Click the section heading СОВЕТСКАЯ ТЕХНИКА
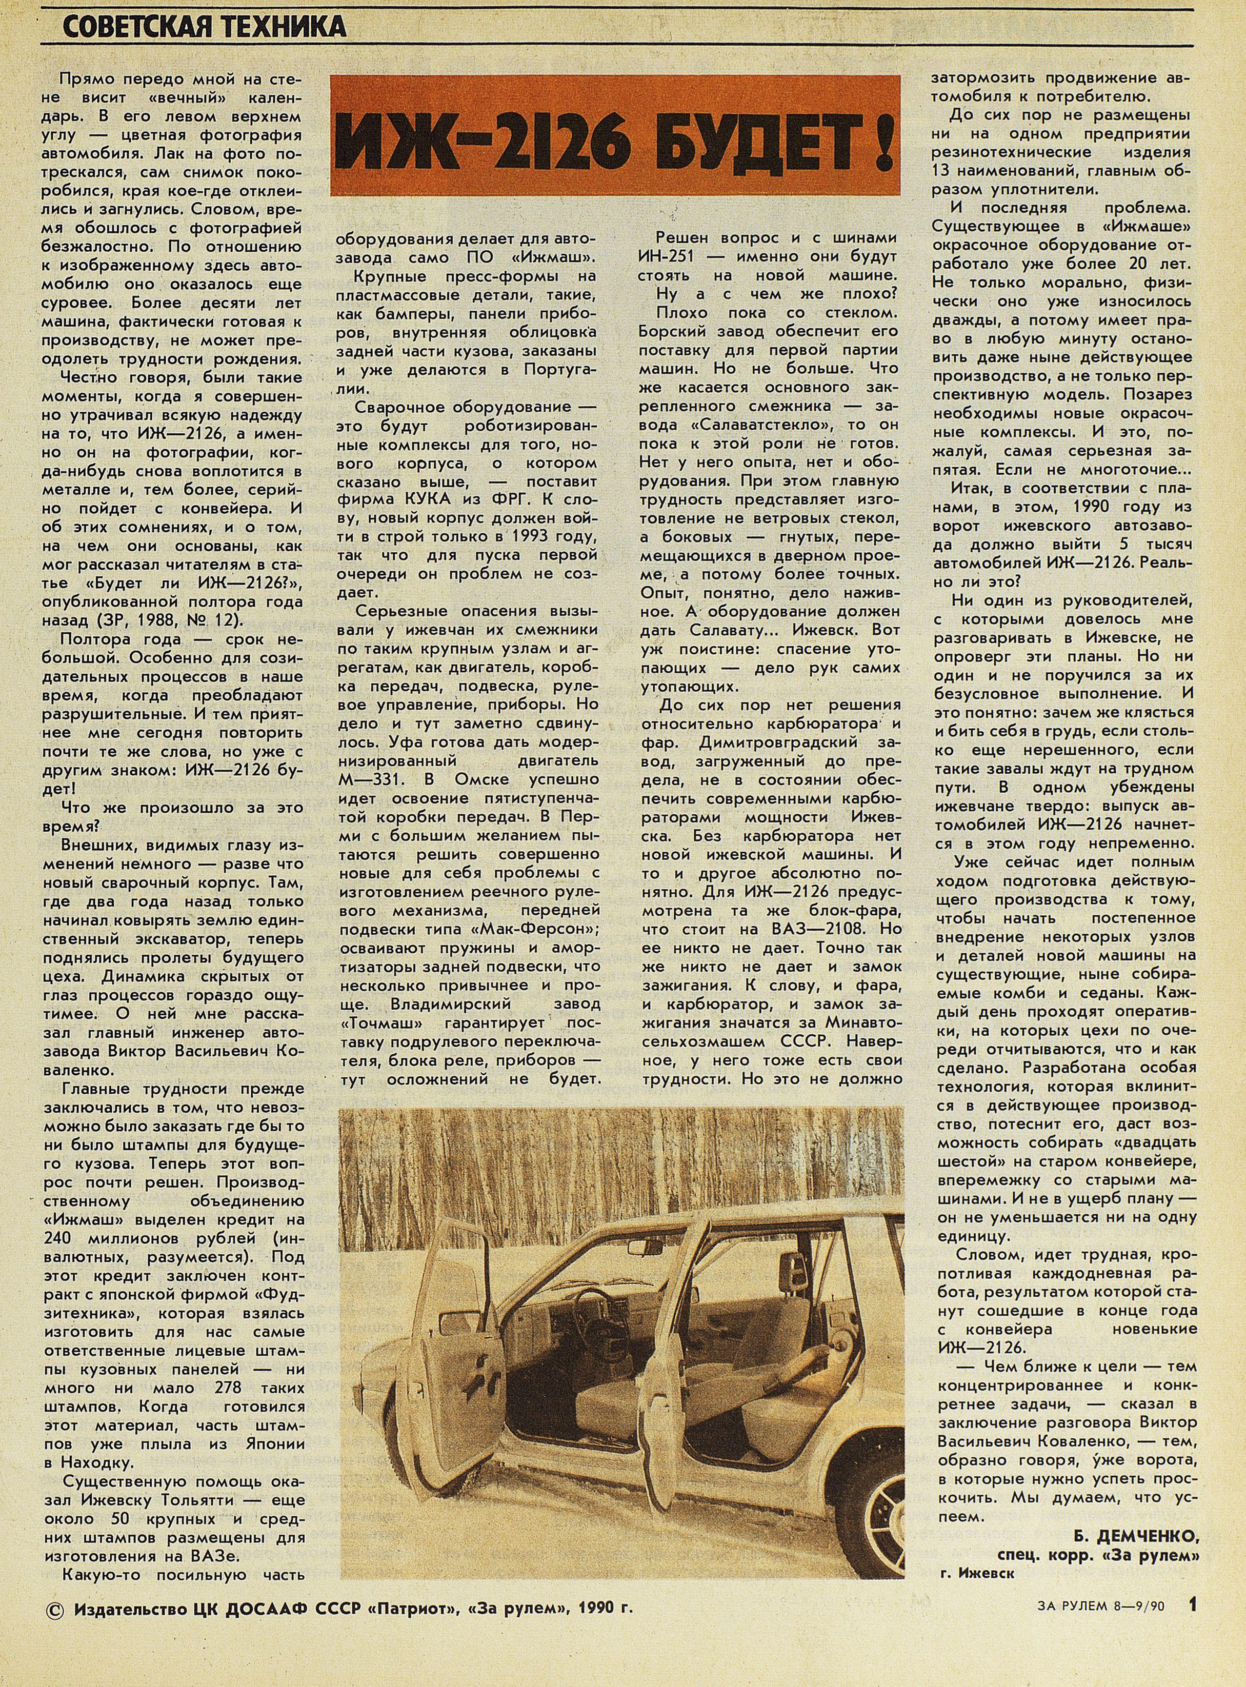click(205, 27)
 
